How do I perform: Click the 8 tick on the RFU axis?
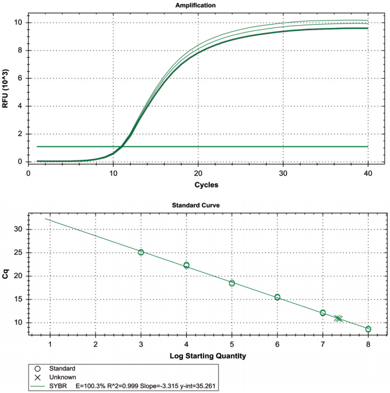pos(20,50)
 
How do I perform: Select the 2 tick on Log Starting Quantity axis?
pos(95,344)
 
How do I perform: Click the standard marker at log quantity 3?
pos(141,252)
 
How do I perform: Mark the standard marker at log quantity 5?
pos(232,283)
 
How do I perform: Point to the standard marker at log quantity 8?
pos(368,329)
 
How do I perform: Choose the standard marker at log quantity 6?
pos(277,297)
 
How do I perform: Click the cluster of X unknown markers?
pos(339,318)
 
